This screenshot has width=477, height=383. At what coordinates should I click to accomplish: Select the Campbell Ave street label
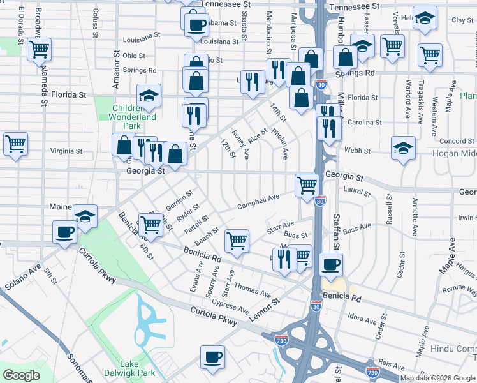(258, 202)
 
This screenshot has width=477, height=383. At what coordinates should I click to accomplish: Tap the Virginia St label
(66, 152)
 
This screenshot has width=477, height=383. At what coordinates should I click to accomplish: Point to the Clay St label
(462, 20)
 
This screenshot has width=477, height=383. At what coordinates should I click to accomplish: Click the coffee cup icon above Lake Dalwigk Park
(213, 357)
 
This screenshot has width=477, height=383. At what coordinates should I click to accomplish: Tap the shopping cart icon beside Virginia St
(15, 144)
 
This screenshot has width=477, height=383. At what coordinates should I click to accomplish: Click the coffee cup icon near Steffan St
(330, 264)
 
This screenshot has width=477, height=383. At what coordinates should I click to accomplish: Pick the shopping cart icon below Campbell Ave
(237, 241)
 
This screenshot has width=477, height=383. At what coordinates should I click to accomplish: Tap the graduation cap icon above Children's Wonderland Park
(149, 96)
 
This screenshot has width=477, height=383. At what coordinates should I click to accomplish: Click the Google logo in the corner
(21, 375)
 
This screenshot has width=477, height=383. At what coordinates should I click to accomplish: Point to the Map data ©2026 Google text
(437, 378)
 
